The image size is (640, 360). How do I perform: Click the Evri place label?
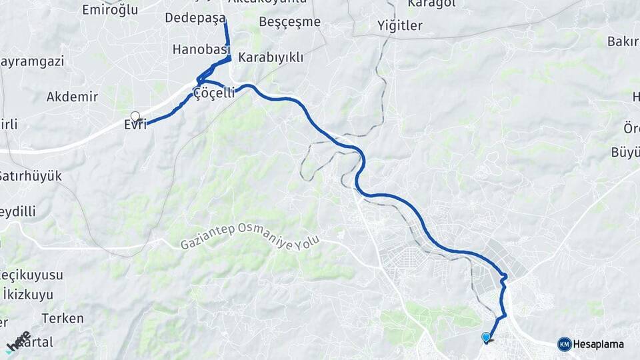[x=135, y=125]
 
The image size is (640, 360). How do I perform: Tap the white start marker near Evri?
[x=135, y=116]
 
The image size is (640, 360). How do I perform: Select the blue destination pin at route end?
[x=486, y=338]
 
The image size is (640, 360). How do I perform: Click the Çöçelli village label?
[x=214, y=93]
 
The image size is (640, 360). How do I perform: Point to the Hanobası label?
[x=201, y=49]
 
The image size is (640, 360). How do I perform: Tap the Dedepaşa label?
[x=195, y=18]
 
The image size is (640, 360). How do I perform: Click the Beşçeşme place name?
[x=289, y=22]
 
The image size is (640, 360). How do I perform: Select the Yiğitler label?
[x=400, y=26]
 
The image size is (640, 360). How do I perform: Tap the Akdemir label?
[x=72, y=97]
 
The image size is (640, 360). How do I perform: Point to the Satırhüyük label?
[x=31, y=176]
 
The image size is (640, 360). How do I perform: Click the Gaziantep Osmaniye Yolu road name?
[x=251, y=235]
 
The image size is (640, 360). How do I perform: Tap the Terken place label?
[x=63, y=318]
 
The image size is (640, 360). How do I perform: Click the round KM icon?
[x=564, y=344]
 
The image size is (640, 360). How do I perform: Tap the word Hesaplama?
[x=598, y=345]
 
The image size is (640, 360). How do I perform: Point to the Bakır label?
[x=623, y=41]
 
